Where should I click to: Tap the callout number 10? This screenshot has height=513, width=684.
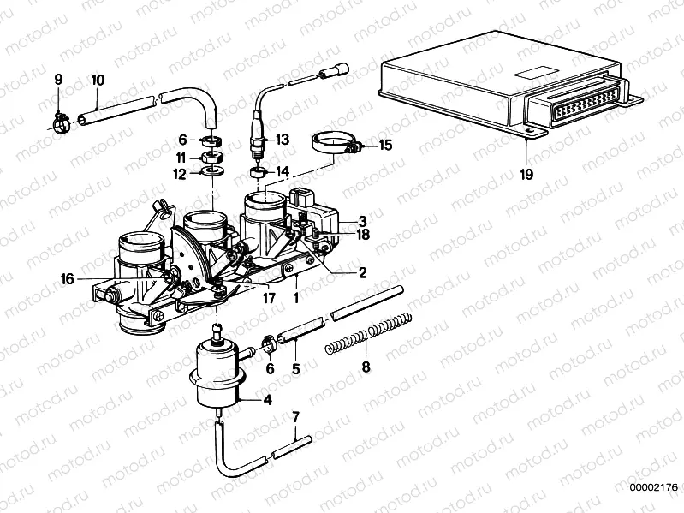(x=98, y=81)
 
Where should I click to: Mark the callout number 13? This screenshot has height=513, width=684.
(x=283, y=139)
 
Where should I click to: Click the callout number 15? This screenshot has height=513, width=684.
(x=385, y=146)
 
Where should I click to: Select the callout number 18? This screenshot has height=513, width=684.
(x=363, y=233)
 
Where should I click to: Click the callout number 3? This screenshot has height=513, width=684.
(x=362, y=219)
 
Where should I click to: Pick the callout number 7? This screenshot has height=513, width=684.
(x=296, y=418)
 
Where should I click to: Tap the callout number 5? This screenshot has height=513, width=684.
(x=295, y=371)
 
